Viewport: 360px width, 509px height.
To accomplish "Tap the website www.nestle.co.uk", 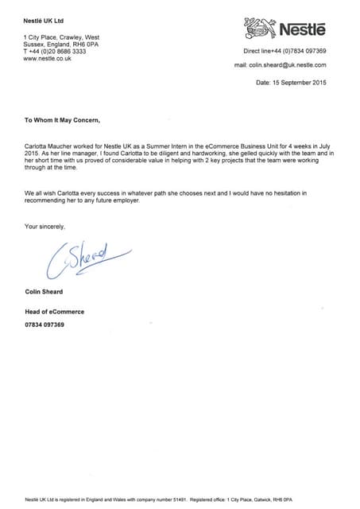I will coord(48,58).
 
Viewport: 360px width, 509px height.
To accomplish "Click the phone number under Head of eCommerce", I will coord(45,325).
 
